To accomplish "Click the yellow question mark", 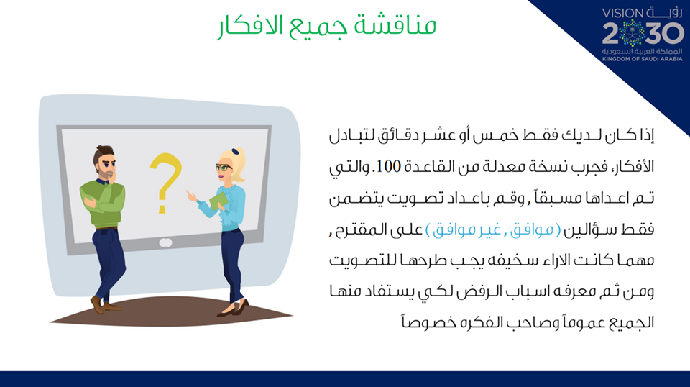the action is click(165, 181).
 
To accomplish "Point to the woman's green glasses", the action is click(223, 168).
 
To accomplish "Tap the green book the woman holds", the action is click(218, 201).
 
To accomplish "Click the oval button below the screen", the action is click(165, 242).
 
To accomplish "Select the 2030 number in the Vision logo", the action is click(643, 32).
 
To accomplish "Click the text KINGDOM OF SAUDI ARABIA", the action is click(642, 58).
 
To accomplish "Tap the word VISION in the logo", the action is click(622, 13).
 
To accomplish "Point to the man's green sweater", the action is click(103, 203).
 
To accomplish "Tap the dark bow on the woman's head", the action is click(236, 152).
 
